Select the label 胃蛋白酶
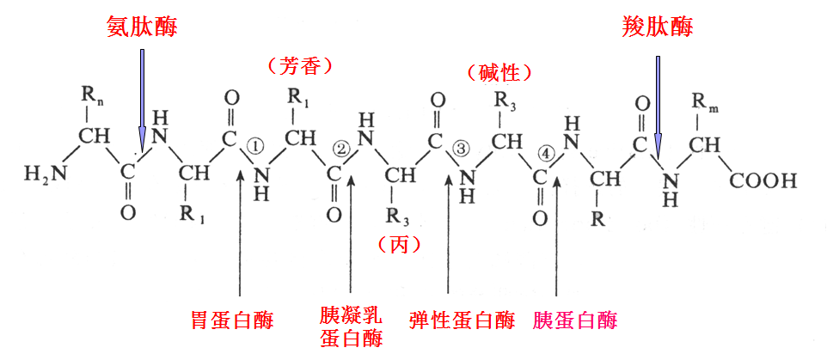pos(232,320)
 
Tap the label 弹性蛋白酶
pos(463,320)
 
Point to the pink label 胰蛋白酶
pos(575,320)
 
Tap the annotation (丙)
pos(400,245)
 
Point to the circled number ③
pos(461,149)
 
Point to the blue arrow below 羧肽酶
pos(659,103)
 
